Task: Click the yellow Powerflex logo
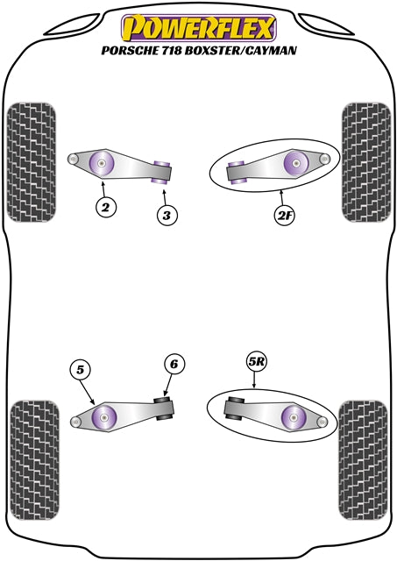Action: pos(198,27)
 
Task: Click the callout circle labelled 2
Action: pos(105,207)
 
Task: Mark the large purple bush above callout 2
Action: pos(103,163)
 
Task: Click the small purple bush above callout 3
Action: pos(161,169)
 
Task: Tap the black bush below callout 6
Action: pos(163,408)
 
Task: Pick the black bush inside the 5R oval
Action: pos(234,409)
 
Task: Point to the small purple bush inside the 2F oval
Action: pos(236,170)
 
